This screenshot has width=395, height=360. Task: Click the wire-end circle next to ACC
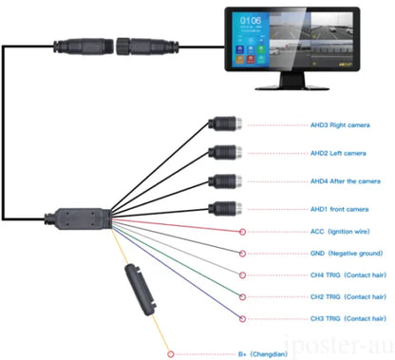(x=242, y=231)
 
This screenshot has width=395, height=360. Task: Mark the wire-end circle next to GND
(x=242, y=253)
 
